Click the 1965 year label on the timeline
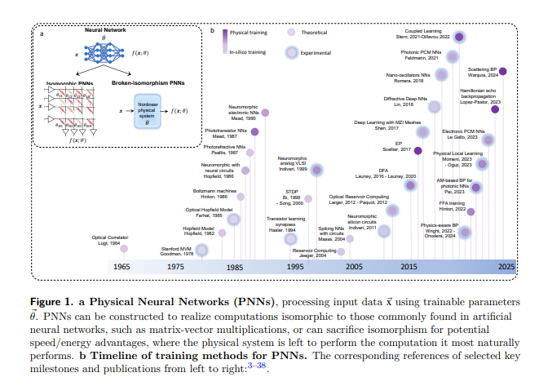pyautogui.click(x=121, y=267)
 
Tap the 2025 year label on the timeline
pyautogui.click(x=507, y=267)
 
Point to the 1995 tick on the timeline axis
pyautogui.click(x=295, y=267)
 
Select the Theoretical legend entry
pyautogui.click(x=318, y=33)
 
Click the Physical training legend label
pyautogui.click(x=253, y=34)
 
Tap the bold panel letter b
pyautogui.click(x=212, y=32)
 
